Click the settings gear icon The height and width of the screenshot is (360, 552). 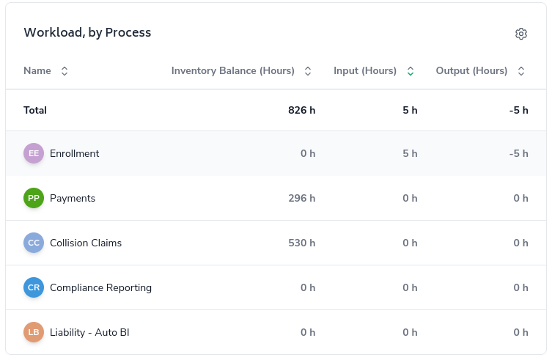click(521, 34)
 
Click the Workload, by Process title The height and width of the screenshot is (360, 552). click(87, 32)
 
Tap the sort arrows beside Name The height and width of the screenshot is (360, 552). click(65, 71)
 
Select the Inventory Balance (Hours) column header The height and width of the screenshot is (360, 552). click(232, 71)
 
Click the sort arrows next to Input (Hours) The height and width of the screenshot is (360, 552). click(411, 71)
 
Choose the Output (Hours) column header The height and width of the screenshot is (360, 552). click(471, 71)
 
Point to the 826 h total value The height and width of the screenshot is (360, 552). click(301, 111)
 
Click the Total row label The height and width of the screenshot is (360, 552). click(35, 111)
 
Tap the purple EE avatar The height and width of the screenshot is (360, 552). click(34, 153)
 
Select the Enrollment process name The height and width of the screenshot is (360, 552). click(74, 154)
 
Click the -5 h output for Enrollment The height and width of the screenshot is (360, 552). click(518, 154)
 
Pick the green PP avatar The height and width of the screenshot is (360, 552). click(34, 198)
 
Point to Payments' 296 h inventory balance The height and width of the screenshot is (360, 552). click(301, 199)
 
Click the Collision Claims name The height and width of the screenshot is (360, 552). click(86, 243)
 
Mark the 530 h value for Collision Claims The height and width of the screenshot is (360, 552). click(301, 243)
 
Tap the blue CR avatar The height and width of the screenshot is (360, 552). click(34, 287)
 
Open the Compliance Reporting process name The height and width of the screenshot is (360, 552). click(100, 288)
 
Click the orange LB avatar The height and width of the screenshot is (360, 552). click(34, 332)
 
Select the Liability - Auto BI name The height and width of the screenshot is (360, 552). click(89, 333)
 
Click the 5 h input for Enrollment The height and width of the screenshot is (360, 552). click(410, 154)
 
